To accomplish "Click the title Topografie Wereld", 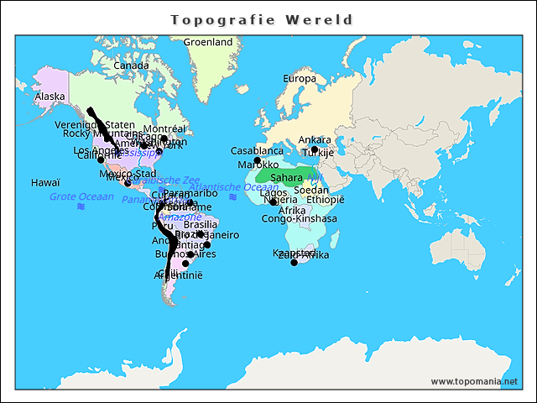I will [262, 19].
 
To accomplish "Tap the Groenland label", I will [208, 42].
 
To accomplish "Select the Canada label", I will [131, 65].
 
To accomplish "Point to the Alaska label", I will [50, 97].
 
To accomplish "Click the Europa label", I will [300, 79].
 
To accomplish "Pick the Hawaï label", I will [45, 182].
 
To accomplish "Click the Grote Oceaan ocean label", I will [81, 196].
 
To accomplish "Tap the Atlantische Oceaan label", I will [234, 187].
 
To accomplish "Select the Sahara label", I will [287, 178].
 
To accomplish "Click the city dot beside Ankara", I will [315, 149].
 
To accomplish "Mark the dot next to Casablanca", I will [258, 160].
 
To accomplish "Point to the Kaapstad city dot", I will [294, 263].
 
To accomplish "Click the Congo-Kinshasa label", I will [300, 219].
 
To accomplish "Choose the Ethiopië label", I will [326, 201].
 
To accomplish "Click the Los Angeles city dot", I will [101, 160].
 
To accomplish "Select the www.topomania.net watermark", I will [474, 381].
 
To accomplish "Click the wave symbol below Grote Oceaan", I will [81, 207].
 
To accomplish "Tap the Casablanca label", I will [258, 151].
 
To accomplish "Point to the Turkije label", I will [318, 153].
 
